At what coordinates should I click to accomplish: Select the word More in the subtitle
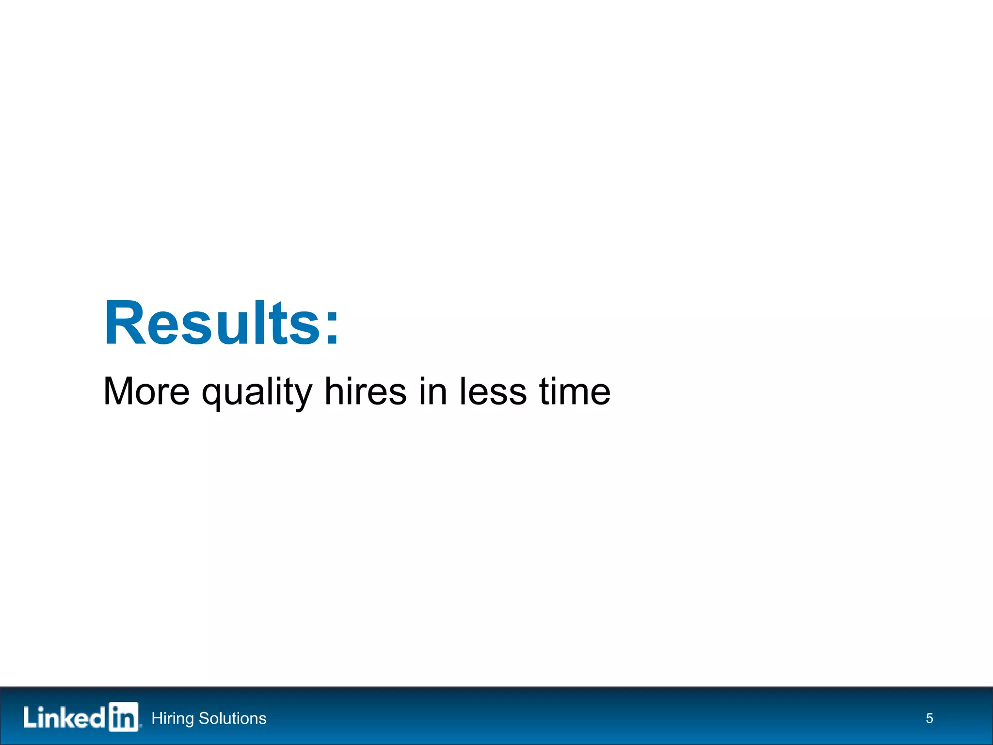[146, 391]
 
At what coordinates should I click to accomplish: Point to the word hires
[365, 391]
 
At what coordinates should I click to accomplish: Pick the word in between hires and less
[432, 391]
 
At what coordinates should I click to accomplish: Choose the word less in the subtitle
[493, 391]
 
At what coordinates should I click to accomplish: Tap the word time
[575, 391]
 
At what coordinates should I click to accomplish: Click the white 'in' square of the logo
[124, 716]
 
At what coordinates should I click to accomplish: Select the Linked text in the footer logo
[64, 717]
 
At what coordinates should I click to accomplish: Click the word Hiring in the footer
[173, 718]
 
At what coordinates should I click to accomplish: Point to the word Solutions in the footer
[233, 718]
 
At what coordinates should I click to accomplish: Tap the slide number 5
[929, 718]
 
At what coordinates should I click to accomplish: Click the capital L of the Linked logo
[30, 717]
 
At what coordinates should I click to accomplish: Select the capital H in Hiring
[157, 718]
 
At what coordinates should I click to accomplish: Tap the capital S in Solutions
[204, 718]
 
